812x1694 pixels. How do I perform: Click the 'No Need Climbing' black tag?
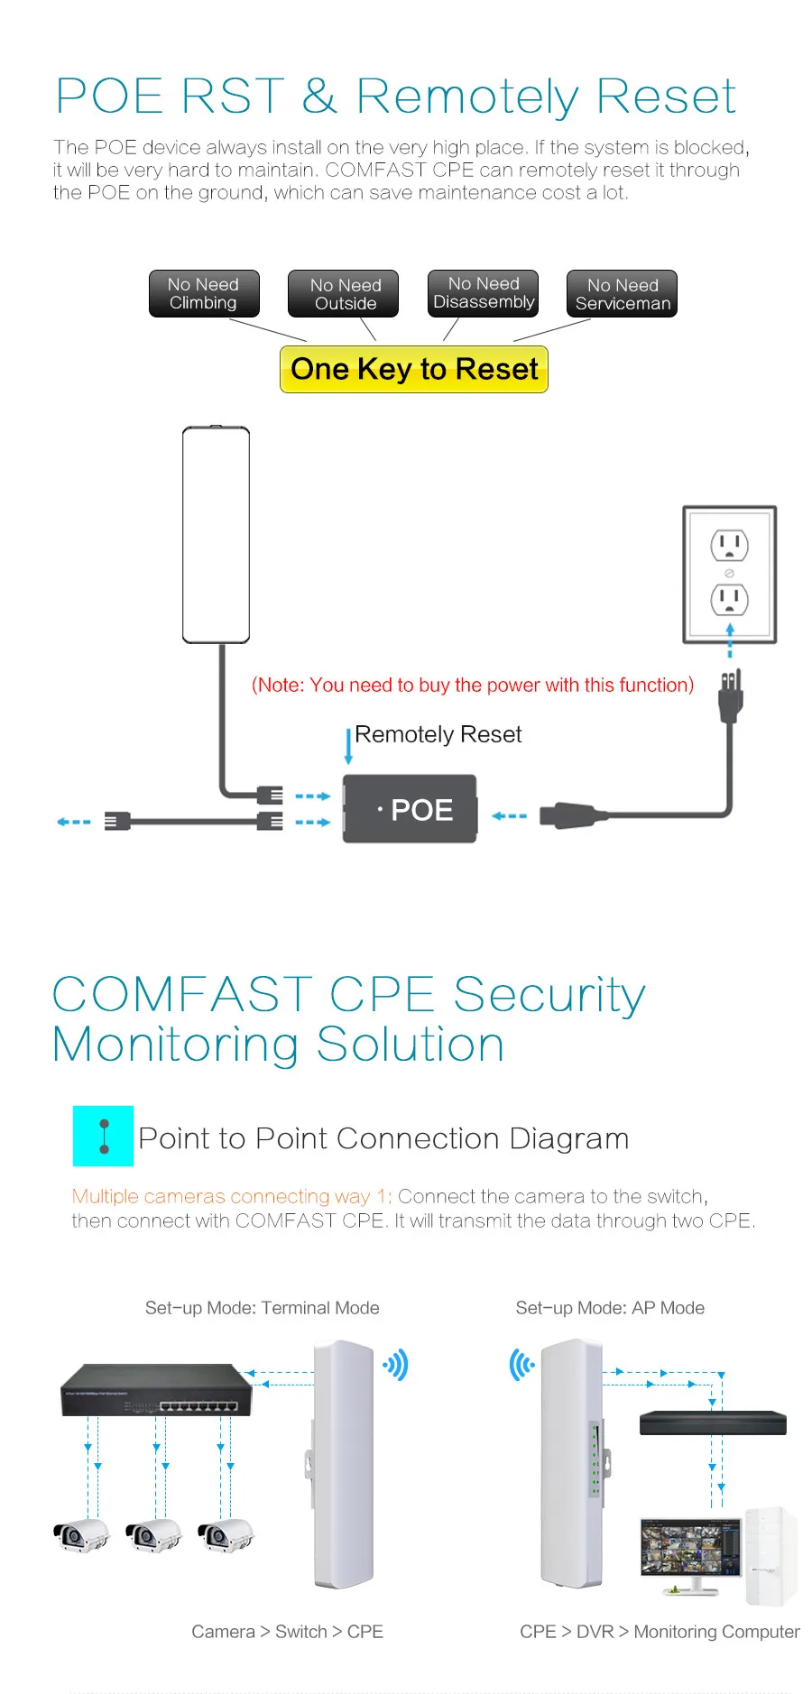point(204,293)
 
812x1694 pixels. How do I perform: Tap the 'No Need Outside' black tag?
point(343,294)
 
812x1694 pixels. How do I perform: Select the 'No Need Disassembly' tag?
point(483,293)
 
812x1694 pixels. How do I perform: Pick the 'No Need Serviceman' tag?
point(622,294)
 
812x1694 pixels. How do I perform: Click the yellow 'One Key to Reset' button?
point(414,369)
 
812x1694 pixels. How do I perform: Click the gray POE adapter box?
point(410,809)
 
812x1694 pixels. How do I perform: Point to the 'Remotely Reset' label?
point(438,734)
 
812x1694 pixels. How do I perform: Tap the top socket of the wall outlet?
point(729,545)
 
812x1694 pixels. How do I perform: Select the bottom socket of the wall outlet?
point(729,598)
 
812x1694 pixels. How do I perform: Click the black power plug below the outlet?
point(730,695)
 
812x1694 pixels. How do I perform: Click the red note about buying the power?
point(473,685)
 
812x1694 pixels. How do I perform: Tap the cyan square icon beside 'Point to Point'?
point(103,1136)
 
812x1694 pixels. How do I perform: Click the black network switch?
point(156,1390)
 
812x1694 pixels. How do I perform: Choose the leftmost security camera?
point(81,1535)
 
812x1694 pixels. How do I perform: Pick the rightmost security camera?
point(226,1535)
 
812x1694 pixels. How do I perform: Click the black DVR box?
point(713,1422)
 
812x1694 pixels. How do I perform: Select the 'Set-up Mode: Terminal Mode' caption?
point(263,1308)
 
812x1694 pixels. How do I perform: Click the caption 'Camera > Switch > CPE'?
point(287,1632)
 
